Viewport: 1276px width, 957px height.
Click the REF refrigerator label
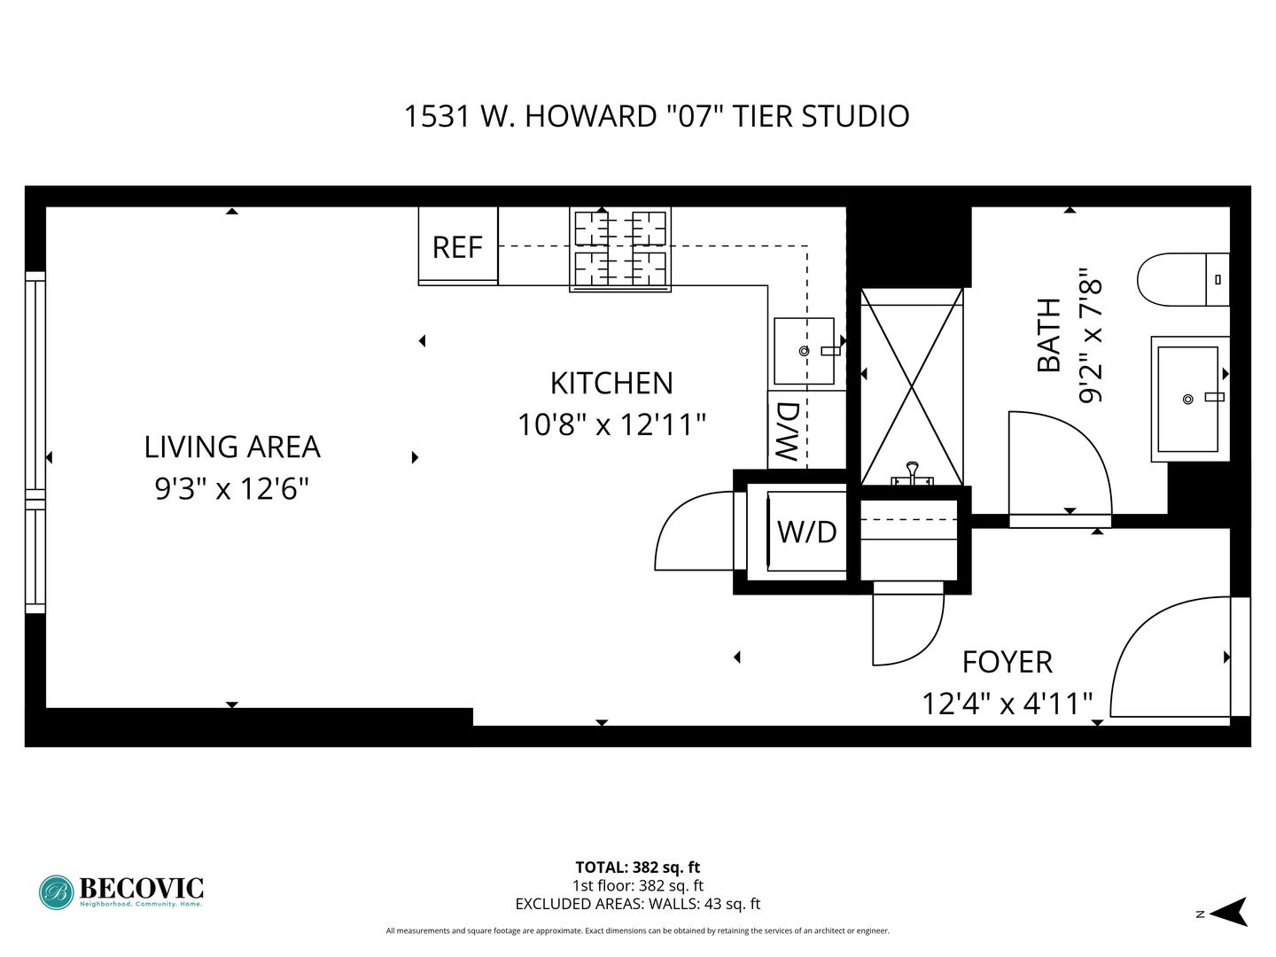click(457, 247)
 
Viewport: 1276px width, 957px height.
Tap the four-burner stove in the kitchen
click(619, 249)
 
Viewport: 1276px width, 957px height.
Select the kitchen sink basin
click(804, 350)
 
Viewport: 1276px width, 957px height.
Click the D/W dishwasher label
click(789, 432)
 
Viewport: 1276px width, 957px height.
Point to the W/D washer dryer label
click(807, 532)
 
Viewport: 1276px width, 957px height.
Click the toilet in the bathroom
click(1183, 279)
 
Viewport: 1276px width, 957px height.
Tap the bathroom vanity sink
click(1190, 399)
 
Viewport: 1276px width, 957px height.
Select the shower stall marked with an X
click(912, 386)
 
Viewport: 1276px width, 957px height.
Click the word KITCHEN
click(611, 384)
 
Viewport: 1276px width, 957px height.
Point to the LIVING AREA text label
click(232, 447)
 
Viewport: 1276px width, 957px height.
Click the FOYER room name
click(1008, 663)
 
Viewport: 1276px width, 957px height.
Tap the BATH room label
click(1049, 335)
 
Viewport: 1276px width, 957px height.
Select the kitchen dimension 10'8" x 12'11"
click(611, 424)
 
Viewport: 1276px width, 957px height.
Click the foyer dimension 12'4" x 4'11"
click(1008, 704)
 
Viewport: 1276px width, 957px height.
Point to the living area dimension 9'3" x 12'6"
click(232, 488)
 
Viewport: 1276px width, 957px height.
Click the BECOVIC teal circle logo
click(57, 892)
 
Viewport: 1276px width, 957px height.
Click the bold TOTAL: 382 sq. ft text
click(638, 868)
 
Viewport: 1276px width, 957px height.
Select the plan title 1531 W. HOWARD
click(530, 116)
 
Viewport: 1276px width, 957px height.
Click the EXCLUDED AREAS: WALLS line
click(638, 904)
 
